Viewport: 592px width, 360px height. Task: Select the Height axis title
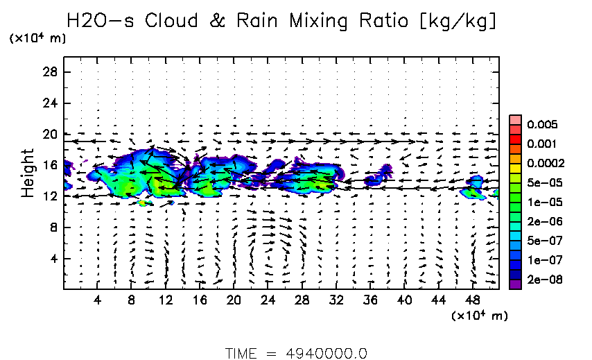coord(28,172)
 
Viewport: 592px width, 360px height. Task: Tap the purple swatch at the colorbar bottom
coord(515,283)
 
